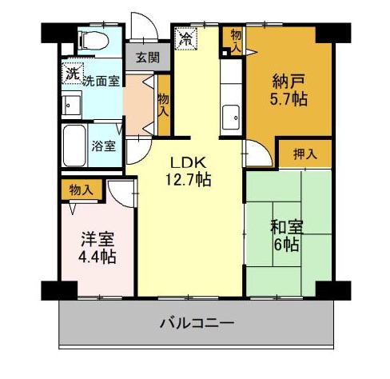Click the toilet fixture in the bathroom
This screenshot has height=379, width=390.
(94, 41)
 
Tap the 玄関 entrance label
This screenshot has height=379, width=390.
(148, 58)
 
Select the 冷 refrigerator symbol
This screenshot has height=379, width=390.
(186, 38)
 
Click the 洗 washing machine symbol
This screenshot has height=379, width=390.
(73, 74)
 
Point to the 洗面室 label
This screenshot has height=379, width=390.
(101, 80)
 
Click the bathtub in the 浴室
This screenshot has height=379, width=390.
(75, 146)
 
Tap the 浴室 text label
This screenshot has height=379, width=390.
(104, 146)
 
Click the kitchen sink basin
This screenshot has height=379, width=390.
(231, 118)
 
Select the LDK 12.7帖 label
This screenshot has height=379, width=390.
(189, 171)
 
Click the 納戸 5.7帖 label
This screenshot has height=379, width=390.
(289, 90)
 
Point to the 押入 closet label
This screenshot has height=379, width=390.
(305, 154)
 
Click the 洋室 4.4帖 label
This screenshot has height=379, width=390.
(97, 248)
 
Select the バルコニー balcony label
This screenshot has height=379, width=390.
(197, 323)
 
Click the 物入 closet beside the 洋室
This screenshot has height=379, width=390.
(82, 189)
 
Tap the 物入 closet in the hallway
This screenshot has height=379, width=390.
(164, 105)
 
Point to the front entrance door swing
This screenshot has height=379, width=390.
(144, 26)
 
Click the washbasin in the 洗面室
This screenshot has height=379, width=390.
(71, 105)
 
